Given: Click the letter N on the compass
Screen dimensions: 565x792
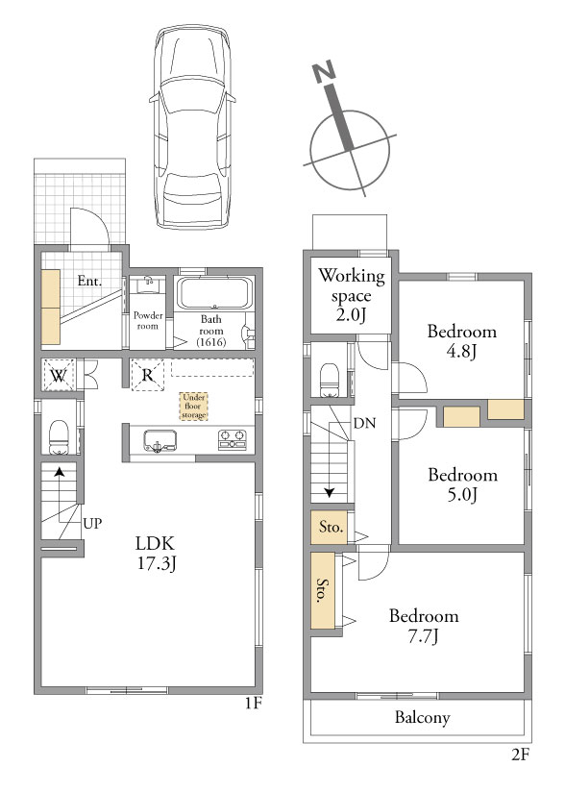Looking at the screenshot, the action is (324, 72).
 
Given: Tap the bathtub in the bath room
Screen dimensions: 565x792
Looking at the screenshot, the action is (214, 293).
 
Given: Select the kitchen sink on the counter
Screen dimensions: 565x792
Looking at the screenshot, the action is (160, 441).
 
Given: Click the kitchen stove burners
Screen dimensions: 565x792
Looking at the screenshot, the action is (233, 439).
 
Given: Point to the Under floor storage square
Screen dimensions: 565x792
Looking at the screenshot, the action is (194, 407).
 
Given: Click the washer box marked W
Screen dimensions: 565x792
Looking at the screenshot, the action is (59, 375).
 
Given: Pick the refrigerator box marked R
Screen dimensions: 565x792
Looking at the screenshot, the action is (147, 375).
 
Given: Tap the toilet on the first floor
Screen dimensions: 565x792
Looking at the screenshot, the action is (59, 437).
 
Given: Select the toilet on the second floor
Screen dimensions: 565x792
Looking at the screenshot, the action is (330, 380).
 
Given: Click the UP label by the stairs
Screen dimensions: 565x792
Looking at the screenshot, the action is (92, 523).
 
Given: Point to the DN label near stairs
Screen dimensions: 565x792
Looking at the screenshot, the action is (364, 423).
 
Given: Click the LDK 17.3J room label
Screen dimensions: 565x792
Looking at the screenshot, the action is (156, 554).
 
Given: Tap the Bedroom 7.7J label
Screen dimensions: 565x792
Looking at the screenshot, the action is (424, 626).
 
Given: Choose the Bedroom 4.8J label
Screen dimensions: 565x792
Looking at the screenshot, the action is (461, 341).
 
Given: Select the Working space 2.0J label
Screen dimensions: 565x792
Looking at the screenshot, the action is (352, 295).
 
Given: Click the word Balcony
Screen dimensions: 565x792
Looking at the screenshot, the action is (422, 718).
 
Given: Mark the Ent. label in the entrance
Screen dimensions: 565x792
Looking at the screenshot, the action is (90, 281).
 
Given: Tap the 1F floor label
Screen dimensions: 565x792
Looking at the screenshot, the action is (254, 704).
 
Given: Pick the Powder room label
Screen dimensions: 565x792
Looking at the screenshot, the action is (147, 321).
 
